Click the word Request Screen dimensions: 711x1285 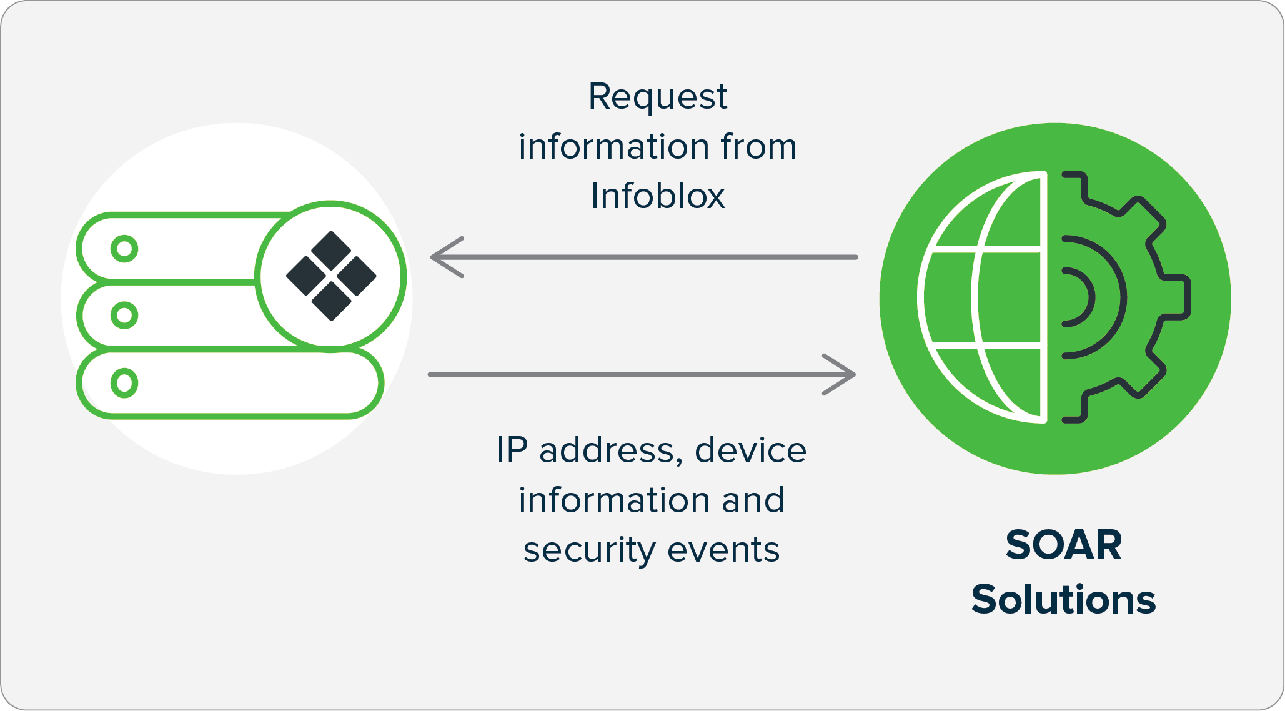pyautogui.click(x=657, y=97)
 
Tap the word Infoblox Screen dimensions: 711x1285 pyautogui.click(x=657, y=196)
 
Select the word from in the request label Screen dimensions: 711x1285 pyautogui.click(x=758, y=147)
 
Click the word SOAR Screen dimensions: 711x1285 pyautogui.click(x=1063, y=545)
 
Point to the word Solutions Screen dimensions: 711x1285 pyautogui.click(x=1063, y=600)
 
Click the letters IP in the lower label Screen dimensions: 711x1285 pyautogui.click(x=512, y=450)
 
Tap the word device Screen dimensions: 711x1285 pyautogui.click(x=750, y=450)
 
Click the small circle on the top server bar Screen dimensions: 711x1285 pyautogui.click(x=124, y=249)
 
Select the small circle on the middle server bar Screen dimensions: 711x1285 pyautogui.click(x=124, y=315)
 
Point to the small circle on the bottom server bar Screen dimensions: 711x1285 pyautogui.click(x=124, y=383)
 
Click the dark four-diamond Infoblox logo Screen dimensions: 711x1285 pyautogui.click(x=331, y=276)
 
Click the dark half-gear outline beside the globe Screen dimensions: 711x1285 pyautogui.click(x=1124, y=297)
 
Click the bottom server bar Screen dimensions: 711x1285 pyautogui.click(x=250, y=383)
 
